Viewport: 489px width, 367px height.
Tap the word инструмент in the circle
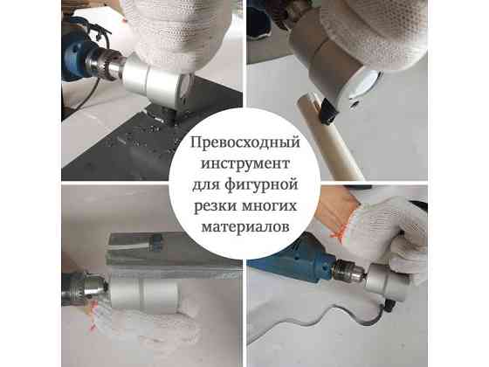click(244, 163)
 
